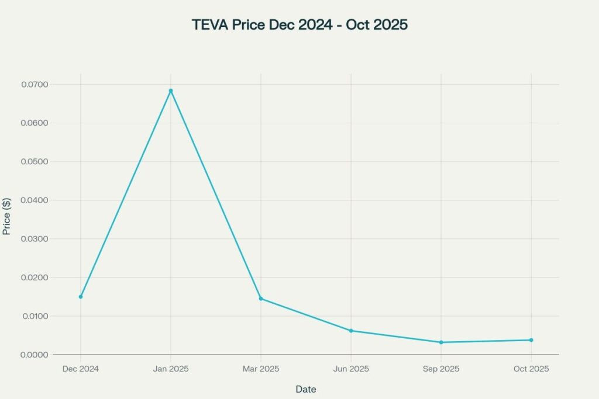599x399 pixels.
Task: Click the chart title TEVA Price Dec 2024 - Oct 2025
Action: pos(299,25)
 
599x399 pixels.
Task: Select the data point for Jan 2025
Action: pos(171,91)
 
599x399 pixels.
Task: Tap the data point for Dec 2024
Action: pos(81,297)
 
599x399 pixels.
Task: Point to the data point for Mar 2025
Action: pos(261,299)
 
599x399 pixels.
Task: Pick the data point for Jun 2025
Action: pos(351,331)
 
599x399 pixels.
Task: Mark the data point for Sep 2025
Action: pos(441,342)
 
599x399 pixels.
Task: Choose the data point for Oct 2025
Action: pos(531,340)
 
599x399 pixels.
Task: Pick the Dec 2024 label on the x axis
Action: pos(81,369)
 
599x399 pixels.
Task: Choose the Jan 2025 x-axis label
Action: pos(171,369)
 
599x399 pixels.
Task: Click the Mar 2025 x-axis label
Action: pos(261,369)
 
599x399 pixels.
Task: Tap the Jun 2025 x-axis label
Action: pos(351,369)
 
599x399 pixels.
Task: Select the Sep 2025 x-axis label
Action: pos(441,369)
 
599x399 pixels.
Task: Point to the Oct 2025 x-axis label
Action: pos(531,369)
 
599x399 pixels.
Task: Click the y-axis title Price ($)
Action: pos(7,216)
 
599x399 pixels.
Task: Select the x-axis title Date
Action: pos(306,389)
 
